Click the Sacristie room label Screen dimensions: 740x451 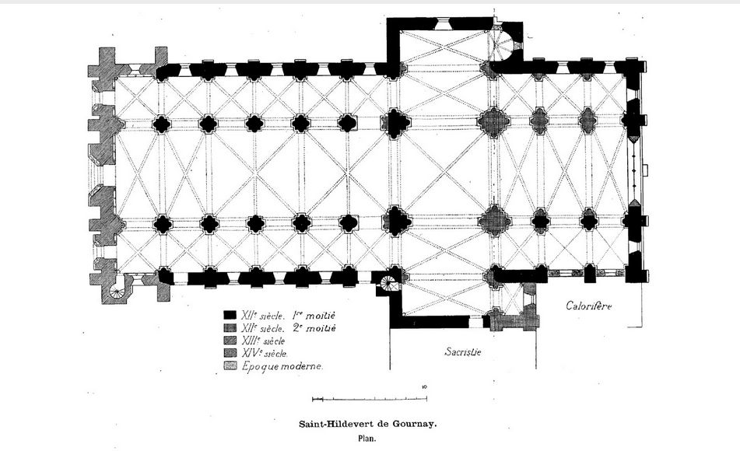point(463,351)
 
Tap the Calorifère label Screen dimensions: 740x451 point(589,306)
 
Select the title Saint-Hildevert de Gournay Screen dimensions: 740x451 point(368,424)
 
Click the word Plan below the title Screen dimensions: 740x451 point(366,439)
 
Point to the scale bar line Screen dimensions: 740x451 point(370,400)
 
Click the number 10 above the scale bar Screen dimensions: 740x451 point(424,387)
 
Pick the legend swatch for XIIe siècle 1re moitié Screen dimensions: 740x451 point(230,315)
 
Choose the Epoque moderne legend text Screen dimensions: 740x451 point(282,366)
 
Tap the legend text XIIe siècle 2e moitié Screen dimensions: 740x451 point(289,328)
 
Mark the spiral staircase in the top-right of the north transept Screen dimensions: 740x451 point(503,44)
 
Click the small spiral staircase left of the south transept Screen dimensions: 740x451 point(389,284)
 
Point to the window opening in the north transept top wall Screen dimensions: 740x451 point(444,23)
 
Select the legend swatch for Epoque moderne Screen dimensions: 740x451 point(230,366)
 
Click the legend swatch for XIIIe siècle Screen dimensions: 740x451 point(230,341)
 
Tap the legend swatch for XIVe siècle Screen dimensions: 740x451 point(230,353)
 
